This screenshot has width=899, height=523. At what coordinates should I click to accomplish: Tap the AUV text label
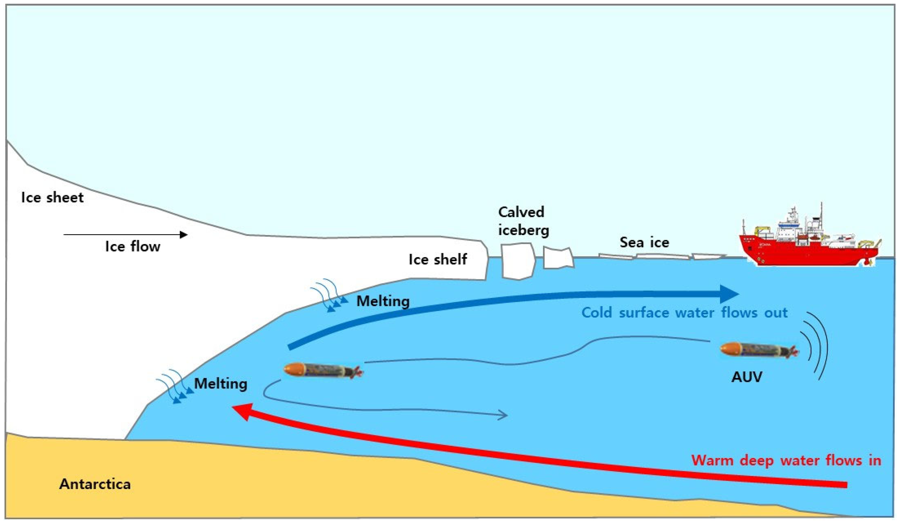pyautogui.click(x=747, y=377)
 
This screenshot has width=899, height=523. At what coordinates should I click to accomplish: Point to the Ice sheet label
pyautogui.click(x=52, y=197)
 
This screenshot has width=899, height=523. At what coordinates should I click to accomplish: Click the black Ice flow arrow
pyautogui.click(x=125, y=234)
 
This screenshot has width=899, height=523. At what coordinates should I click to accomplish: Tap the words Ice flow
pyautogui.click(x=133, y=247)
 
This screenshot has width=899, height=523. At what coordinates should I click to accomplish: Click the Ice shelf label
pyautogui.click(x=438, y=259)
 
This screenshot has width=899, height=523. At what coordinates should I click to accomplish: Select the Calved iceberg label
pyautogui.click(x=523, y=221)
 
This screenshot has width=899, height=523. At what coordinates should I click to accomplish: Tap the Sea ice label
pyautogui.click(x=644, y=243)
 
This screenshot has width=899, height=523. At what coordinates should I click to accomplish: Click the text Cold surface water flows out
pyautogui.click(x=684, y=313)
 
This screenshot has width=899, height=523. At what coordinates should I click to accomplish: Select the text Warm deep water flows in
pyautogui.click(x=786, y=460)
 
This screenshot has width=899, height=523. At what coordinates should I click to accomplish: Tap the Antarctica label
pyautogui.click(x=95, y=484)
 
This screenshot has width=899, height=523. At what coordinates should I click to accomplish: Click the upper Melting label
pyautogui.click(x=383, y=301)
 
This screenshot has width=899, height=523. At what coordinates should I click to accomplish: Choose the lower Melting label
pyautogui.click(x=220, y=384)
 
